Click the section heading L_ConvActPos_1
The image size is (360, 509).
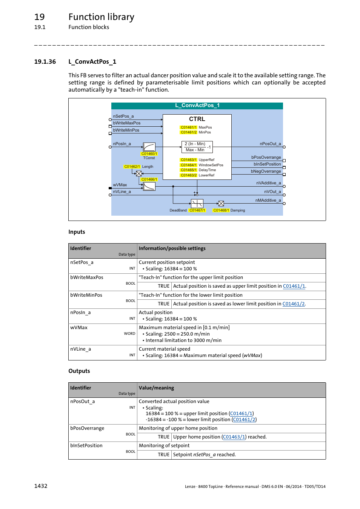click(92, 61)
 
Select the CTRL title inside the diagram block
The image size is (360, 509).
click(197, 119)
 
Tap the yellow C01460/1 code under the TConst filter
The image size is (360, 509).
click(149, 154)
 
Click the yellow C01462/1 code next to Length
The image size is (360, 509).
click(132, 167)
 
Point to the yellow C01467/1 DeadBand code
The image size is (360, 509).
click(197, 210)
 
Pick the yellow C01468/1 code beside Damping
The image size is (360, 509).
click(221, 210)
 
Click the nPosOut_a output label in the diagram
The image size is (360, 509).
click(270, 144)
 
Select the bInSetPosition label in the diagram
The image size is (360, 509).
click(267, 164)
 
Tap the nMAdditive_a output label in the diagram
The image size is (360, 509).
click(268, 200)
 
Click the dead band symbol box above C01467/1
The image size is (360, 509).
click(197, 204)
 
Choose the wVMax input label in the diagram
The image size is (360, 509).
click(120, 185)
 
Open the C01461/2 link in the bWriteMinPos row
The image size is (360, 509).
click(294, 304)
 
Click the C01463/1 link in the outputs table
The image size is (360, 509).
click(234, 437)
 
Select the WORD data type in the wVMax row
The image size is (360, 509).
click(129, 334)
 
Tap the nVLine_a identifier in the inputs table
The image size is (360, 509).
click(80, 349)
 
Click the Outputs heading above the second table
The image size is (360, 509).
click(79, 371)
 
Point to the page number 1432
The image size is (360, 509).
click(41, 486)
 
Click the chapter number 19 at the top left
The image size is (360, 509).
click(39, 17)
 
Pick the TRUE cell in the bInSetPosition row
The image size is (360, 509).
click(163, 455)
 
